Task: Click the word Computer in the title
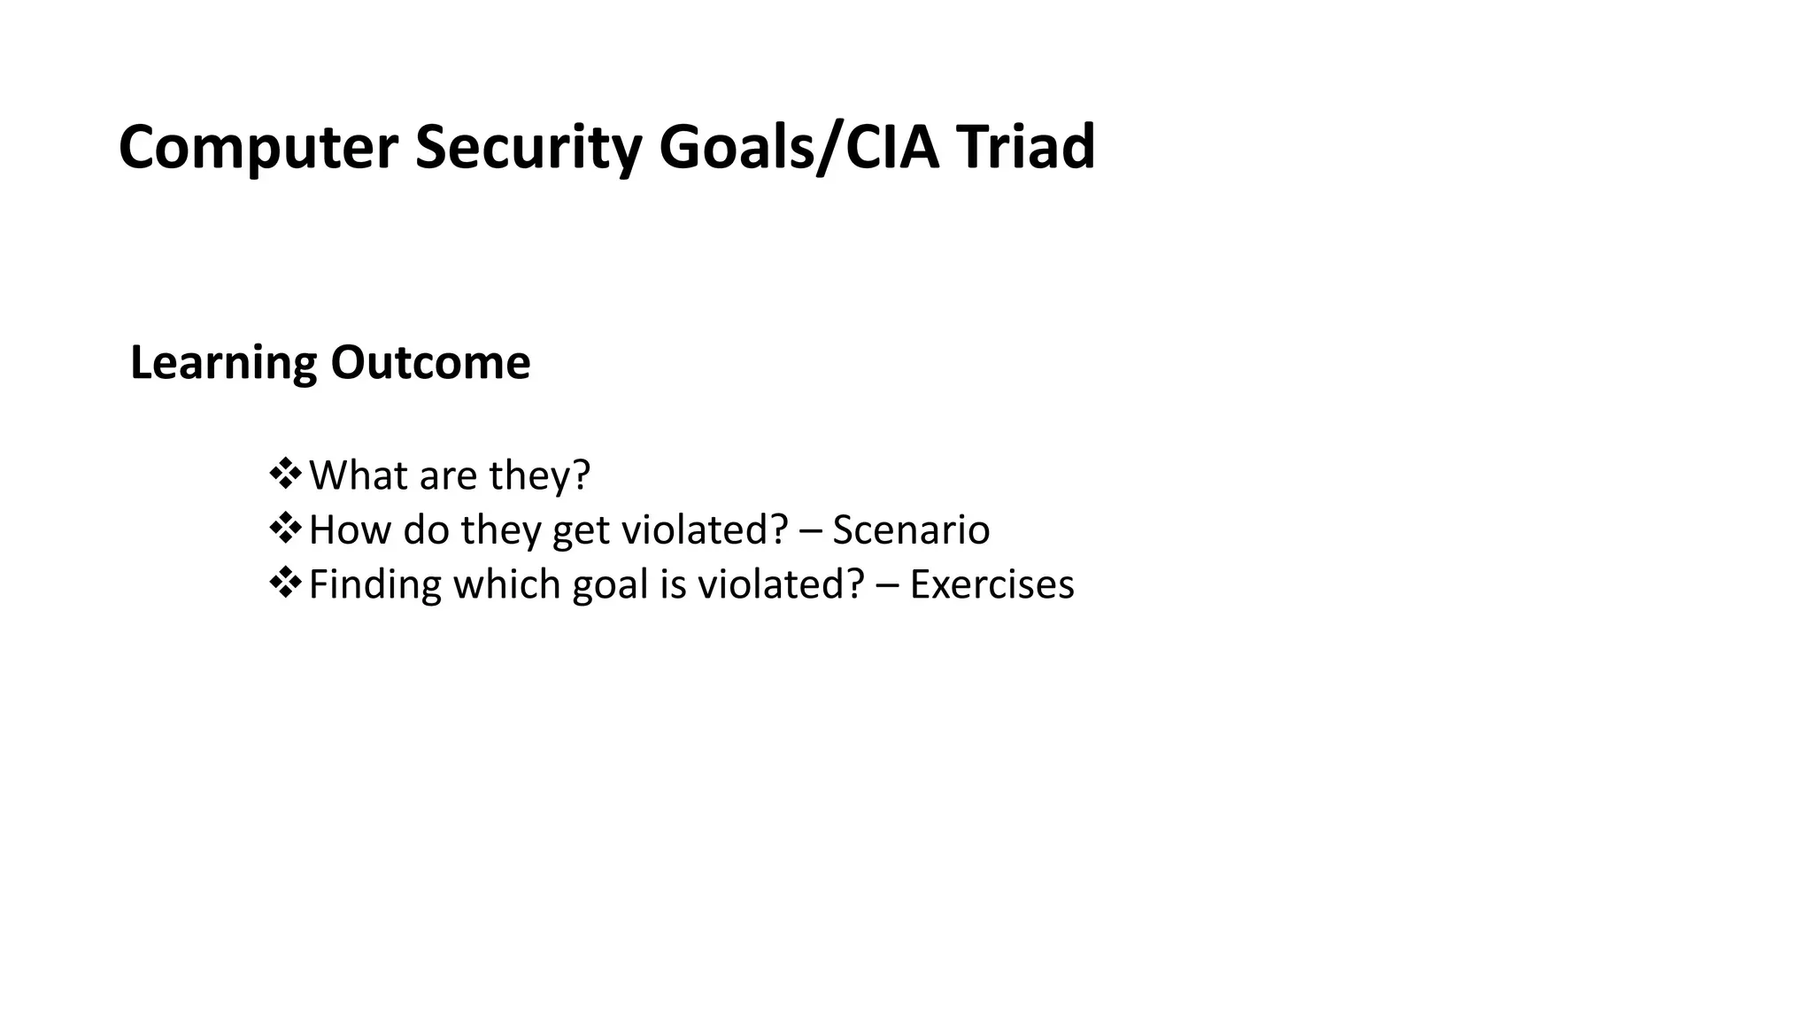click(x=258, y=148)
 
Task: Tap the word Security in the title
click(x=528, y=148)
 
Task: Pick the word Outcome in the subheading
click(x=430, y=363)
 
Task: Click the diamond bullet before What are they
click(x=285, y=474)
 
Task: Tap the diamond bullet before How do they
click(x=285, y=529)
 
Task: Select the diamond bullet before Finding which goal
click(x=285, y=583)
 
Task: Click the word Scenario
click(x=911, y=530)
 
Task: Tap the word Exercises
click(x=991, y=585)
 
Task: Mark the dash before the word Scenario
click(x=809, y=531)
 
